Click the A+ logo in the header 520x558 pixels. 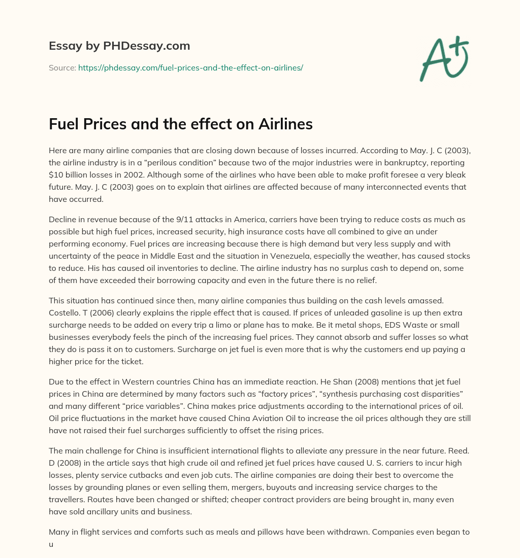point(444,59)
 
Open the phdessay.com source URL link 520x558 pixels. point(190,67)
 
